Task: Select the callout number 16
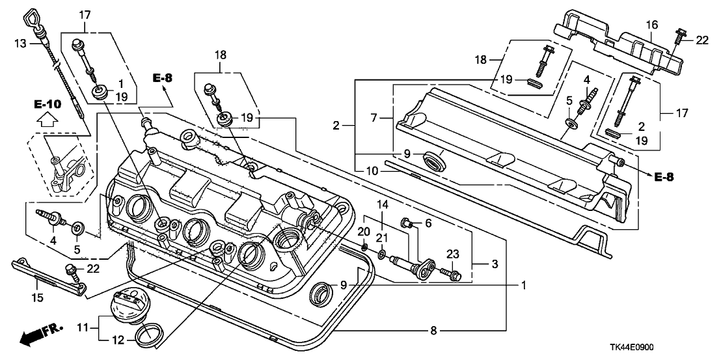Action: click(x=653, y=25)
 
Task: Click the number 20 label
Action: click(x=363, y=231)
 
